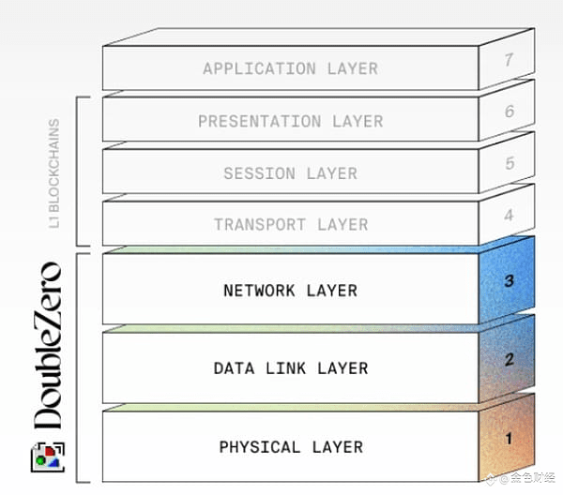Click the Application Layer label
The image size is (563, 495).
290,68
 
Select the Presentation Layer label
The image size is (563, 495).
290,121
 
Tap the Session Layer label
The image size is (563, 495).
290,173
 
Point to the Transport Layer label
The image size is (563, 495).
290,225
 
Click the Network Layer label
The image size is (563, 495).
290,291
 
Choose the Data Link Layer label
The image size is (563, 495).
290,368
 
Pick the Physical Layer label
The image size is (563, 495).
290,447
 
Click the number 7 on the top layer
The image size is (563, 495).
509,60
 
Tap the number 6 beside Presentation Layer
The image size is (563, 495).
509,112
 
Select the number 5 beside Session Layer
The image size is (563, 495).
509,163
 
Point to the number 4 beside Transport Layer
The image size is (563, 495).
509,215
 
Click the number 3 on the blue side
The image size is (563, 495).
509,279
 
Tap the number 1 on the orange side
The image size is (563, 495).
509,437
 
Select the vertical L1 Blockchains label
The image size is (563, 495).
53,172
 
